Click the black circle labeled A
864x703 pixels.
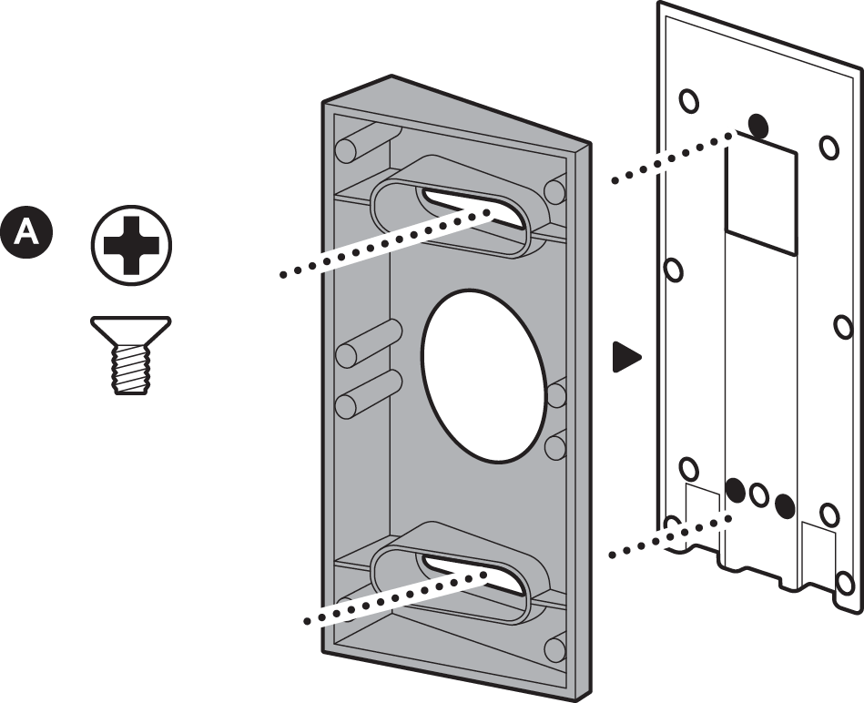(26, 232)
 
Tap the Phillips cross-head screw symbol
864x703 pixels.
(131, 245)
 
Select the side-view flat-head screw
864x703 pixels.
(131, 355)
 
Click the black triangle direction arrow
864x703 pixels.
(626, 357)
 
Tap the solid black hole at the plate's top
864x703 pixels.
(758, 126)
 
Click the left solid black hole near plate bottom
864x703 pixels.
(735, 489)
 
